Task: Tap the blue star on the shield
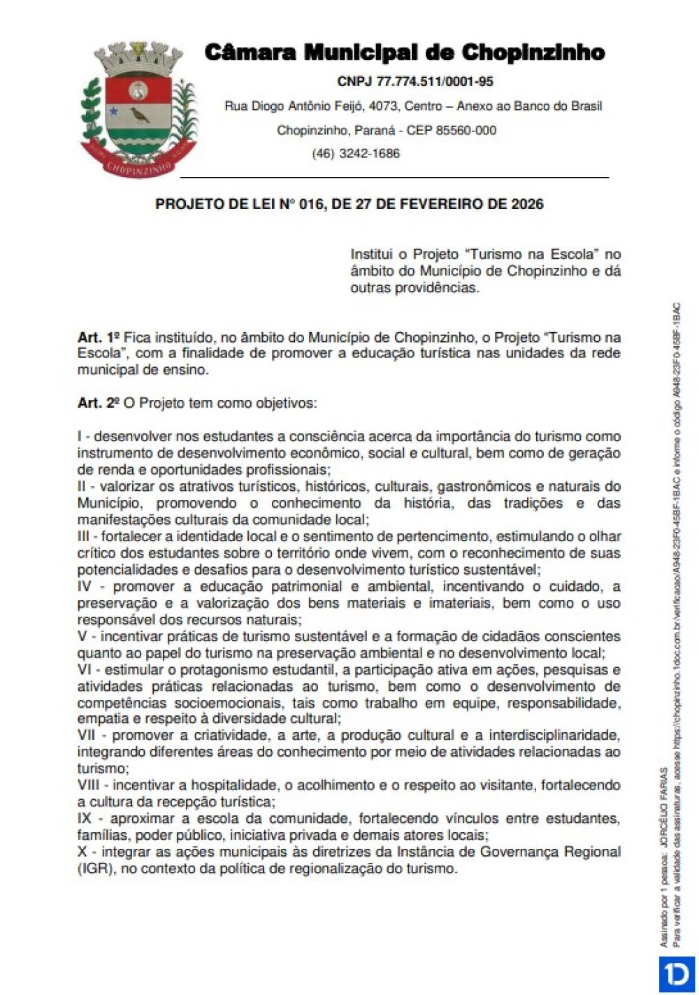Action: (112, 110)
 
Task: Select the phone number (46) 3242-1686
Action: (356, 154)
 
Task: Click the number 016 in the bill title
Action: (311, 204)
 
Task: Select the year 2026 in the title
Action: (527, 204)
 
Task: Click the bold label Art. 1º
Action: (99, 337)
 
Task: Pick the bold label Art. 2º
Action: (99, 403)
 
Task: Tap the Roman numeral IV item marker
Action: (86, 587)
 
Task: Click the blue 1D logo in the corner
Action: (676, 975)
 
